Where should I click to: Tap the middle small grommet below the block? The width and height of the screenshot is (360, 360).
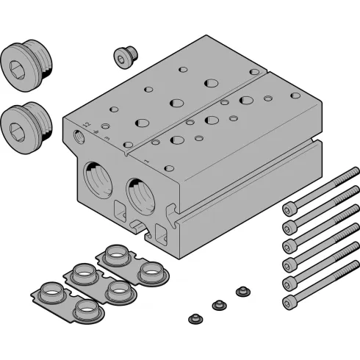(217, 304)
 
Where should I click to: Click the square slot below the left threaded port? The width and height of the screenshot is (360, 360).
(119, 209)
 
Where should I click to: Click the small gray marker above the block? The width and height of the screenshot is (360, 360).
(206, 32)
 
